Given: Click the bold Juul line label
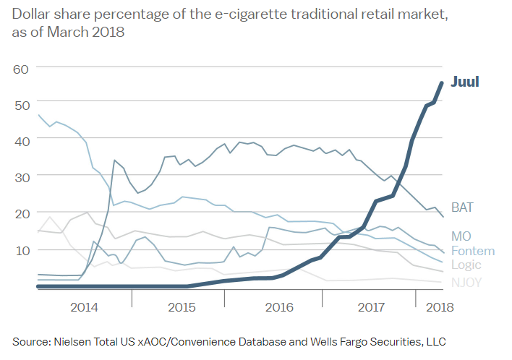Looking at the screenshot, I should point(465,82).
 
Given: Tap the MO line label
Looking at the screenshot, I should point(461,236).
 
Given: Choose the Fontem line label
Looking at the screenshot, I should point(472,251).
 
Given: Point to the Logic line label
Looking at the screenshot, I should point(466,265).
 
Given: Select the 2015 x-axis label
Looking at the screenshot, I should point(182,307).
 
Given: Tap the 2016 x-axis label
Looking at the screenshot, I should point(279,307).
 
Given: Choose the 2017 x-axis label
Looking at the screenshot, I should point(373,307).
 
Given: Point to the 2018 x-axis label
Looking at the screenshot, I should point(438,307).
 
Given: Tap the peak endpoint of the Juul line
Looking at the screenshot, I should point(442,82).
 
